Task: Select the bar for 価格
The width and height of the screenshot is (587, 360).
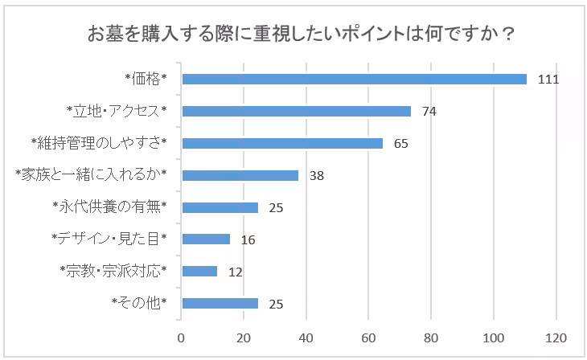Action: [355, 79]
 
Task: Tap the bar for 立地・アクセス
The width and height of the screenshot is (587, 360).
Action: [297, 111]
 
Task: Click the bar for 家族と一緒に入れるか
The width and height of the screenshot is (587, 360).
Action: [240, 175]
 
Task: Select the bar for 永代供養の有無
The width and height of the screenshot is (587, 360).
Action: [220, 207]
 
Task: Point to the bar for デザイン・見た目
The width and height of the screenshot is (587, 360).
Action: [207, 239]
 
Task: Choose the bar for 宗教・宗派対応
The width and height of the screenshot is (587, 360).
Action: [200, 271]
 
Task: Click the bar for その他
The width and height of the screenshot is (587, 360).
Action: [220, 303]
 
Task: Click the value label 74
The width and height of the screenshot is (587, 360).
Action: [429, 112]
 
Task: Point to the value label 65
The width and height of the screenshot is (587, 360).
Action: [400, 144]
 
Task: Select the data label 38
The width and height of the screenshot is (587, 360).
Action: [316, 176]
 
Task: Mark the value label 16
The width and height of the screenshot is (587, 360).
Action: [247, 239]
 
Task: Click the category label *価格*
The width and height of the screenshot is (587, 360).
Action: [145, 79]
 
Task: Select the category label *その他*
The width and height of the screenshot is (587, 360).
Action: [140, 303]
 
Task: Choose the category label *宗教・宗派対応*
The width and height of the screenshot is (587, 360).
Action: [113, 271]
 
